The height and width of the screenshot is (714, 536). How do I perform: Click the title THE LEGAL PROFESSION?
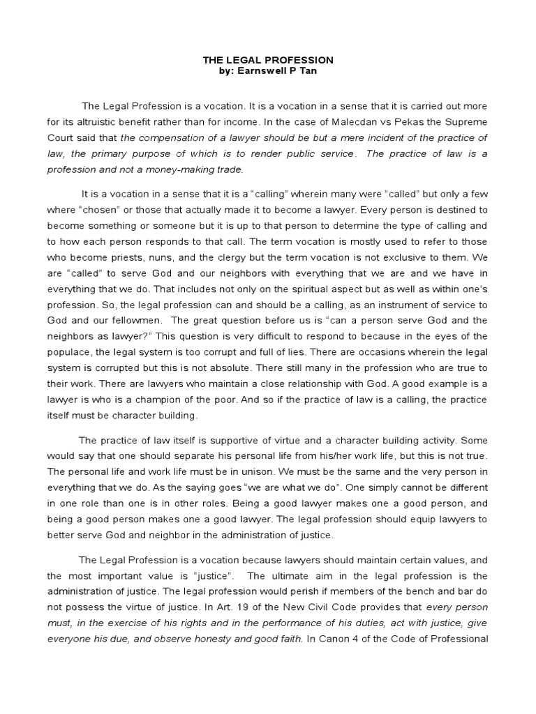pyautogui.click(x=267, y=61)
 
